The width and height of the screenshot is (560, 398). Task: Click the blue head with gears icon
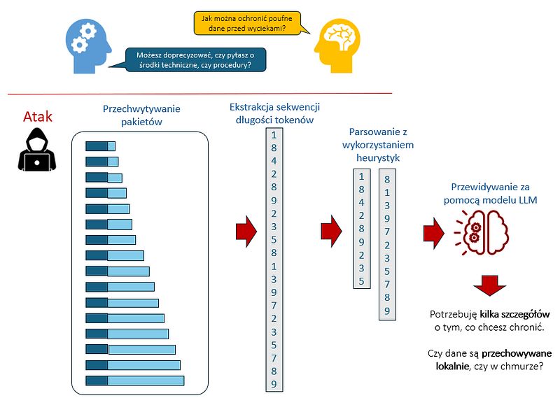88,46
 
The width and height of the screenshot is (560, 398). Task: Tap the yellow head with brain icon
337,45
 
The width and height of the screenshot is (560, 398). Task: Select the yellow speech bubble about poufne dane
250,23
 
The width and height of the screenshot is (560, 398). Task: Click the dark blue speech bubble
193,59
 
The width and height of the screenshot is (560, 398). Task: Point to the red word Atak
38,117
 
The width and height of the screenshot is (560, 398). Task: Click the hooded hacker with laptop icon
37,150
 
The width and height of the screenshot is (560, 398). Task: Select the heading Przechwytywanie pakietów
141,115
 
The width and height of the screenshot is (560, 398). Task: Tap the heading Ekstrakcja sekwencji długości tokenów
274,113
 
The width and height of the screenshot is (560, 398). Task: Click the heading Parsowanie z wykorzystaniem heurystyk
378,145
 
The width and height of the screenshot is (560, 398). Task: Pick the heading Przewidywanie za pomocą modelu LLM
491,194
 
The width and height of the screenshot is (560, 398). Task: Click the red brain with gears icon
482,232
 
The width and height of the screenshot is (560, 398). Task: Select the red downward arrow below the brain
489,285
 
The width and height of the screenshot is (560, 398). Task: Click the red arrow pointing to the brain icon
434,232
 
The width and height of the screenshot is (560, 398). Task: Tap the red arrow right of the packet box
246,231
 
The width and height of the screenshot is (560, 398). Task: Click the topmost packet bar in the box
100,146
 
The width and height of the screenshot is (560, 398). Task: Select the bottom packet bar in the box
135,381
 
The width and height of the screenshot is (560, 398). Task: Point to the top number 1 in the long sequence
274,135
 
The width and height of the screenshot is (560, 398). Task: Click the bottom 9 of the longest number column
274,384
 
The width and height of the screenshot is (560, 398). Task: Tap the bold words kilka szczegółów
514,314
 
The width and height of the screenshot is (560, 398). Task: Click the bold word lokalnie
452,366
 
